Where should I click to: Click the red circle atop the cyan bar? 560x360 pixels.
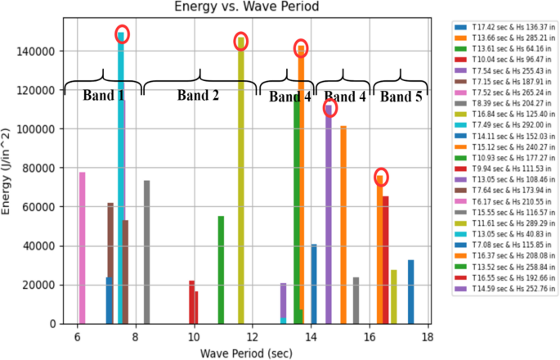point(122,34)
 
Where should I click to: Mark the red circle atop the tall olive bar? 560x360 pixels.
point(240,40)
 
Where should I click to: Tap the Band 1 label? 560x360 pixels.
point(103,96)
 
